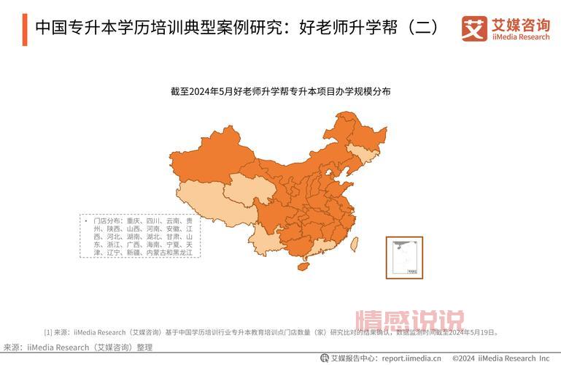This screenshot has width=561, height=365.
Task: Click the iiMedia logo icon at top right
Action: [x=473, y=28]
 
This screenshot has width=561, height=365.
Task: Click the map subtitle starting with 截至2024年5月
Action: [x=281, y=91]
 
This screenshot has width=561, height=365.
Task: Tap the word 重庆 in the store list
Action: [x=133, y=220]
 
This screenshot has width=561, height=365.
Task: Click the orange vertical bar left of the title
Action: [x=24, y=28]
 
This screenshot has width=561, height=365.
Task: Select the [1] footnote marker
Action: [x=49, y=332]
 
